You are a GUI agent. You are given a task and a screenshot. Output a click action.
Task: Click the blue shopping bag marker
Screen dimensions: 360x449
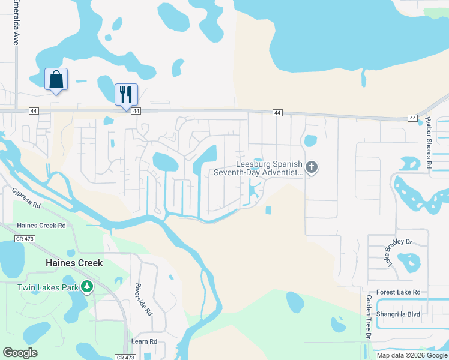tap(56, 79)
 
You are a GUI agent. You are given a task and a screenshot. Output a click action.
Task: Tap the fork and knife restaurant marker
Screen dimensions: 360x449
tap(126, 94)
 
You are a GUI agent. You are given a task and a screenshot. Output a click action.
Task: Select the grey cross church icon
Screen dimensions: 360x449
tap(311, 167)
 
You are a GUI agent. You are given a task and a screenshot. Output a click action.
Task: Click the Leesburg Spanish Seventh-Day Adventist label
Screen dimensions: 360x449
tap(259, 168)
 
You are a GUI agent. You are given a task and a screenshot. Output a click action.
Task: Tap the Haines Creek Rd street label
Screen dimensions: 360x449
tap(41, 226)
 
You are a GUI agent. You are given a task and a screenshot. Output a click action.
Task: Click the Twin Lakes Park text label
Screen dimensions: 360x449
tap(48, 287)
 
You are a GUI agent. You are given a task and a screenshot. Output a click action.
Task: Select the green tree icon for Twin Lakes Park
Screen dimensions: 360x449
tap(88, 287)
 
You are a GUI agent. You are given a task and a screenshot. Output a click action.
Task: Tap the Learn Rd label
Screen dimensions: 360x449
tap(145, 341)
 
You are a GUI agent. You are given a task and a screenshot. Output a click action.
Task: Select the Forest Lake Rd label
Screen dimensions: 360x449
tap(399, 292)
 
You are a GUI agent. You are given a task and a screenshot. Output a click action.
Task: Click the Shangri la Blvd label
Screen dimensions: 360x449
tap(398, 314)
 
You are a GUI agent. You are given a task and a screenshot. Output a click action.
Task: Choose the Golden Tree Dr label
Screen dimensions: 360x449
tap(368, 324)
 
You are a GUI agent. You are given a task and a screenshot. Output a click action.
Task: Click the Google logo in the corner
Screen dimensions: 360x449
tap(20, 353)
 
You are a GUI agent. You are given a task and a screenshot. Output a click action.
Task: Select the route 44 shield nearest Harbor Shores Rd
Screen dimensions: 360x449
tap(412, 118)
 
